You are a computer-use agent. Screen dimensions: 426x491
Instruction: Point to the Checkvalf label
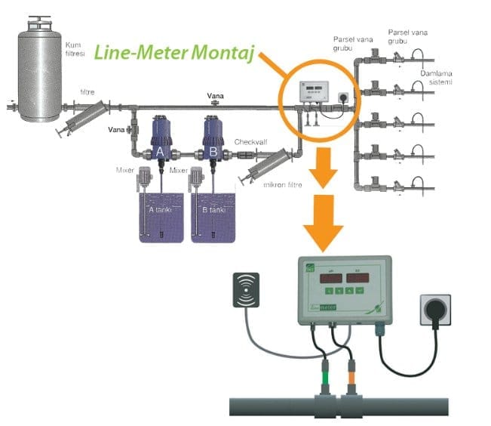pyautogui.click(x=247, y=141)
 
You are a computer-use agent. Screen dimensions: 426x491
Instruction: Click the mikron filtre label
pyautogui.click(x=280, y=184)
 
